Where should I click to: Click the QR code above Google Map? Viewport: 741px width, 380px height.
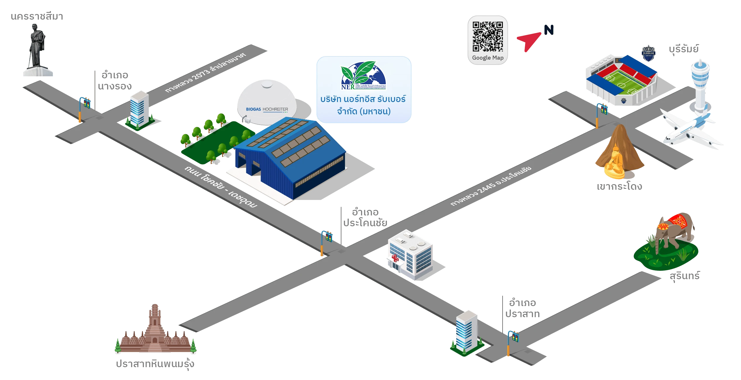click(x=488, y=36)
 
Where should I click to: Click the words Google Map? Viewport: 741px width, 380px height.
click(x=488, y=58)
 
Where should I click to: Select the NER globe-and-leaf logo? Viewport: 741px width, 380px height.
click(x=363, y=75)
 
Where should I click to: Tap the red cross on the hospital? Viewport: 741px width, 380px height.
click(x=395, y=258)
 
